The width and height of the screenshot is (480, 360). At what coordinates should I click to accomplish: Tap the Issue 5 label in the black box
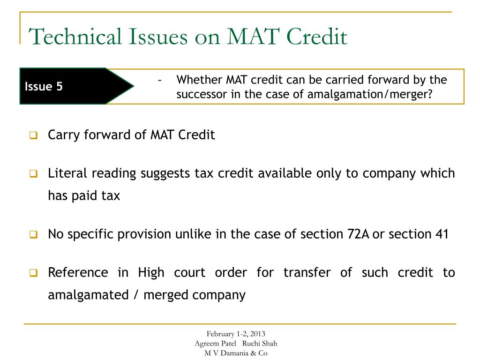[x=44, y=87]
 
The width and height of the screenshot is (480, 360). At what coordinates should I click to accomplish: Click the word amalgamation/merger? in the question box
[x=370, y=94]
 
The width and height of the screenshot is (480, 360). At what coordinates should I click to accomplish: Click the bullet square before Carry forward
[x=33, y=136]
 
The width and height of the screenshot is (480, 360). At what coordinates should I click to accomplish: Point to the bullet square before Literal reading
[x=33, y=174]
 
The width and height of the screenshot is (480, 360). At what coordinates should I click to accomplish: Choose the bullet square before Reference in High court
[x=33, y=273]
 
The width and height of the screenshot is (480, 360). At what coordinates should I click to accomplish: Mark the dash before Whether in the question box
[x=160, y=80]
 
